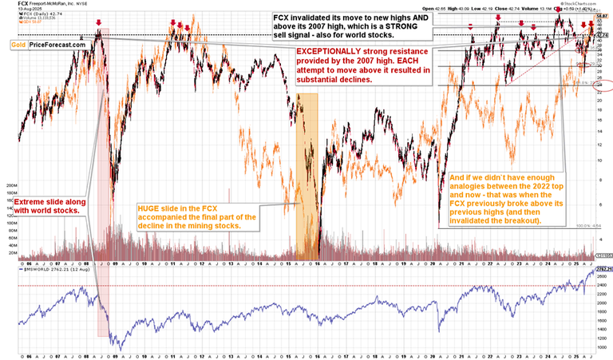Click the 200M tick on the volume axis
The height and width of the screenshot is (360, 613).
point(11,182)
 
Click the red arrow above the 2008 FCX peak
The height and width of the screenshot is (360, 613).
point(98,23)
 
